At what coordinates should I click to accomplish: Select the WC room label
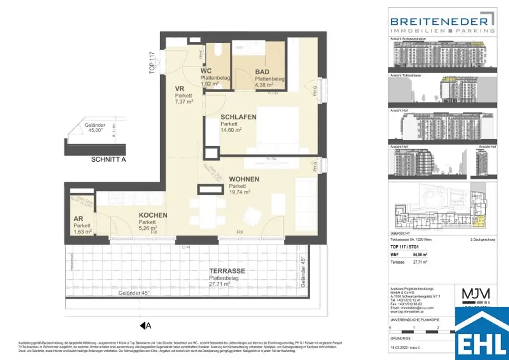coord(207,71)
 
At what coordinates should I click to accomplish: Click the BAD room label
coord(262,72)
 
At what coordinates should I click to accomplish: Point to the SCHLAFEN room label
coord(239,117)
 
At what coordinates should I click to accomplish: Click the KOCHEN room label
coord(153,215)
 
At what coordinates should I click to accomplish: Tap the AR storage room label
coord(78,219)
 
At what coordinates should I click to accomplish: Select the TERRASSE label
coord(226,271)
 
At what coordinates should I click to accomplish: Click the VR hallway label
coord(179,89)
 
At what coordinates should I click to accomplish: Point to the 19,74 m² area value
coord(240,191)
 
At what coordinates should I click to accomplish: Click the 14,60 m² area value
coord(231,130)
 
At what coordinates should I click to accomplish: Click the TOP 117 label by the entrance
coord(152,63)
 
